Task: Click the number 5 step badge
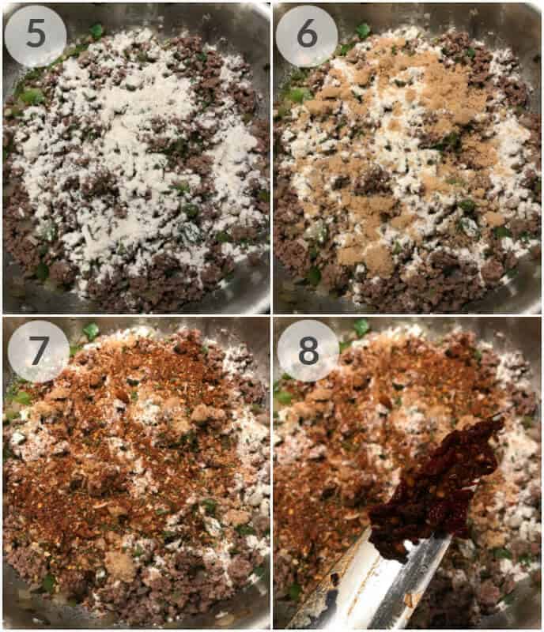pos(36,36)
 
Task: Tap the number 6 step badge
pos(307,36)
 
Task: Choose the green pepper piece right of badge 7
pos(92,331)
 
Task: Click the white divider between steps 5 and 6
pos(271,158)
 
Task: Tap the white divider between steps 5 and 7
pos(134,315)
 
